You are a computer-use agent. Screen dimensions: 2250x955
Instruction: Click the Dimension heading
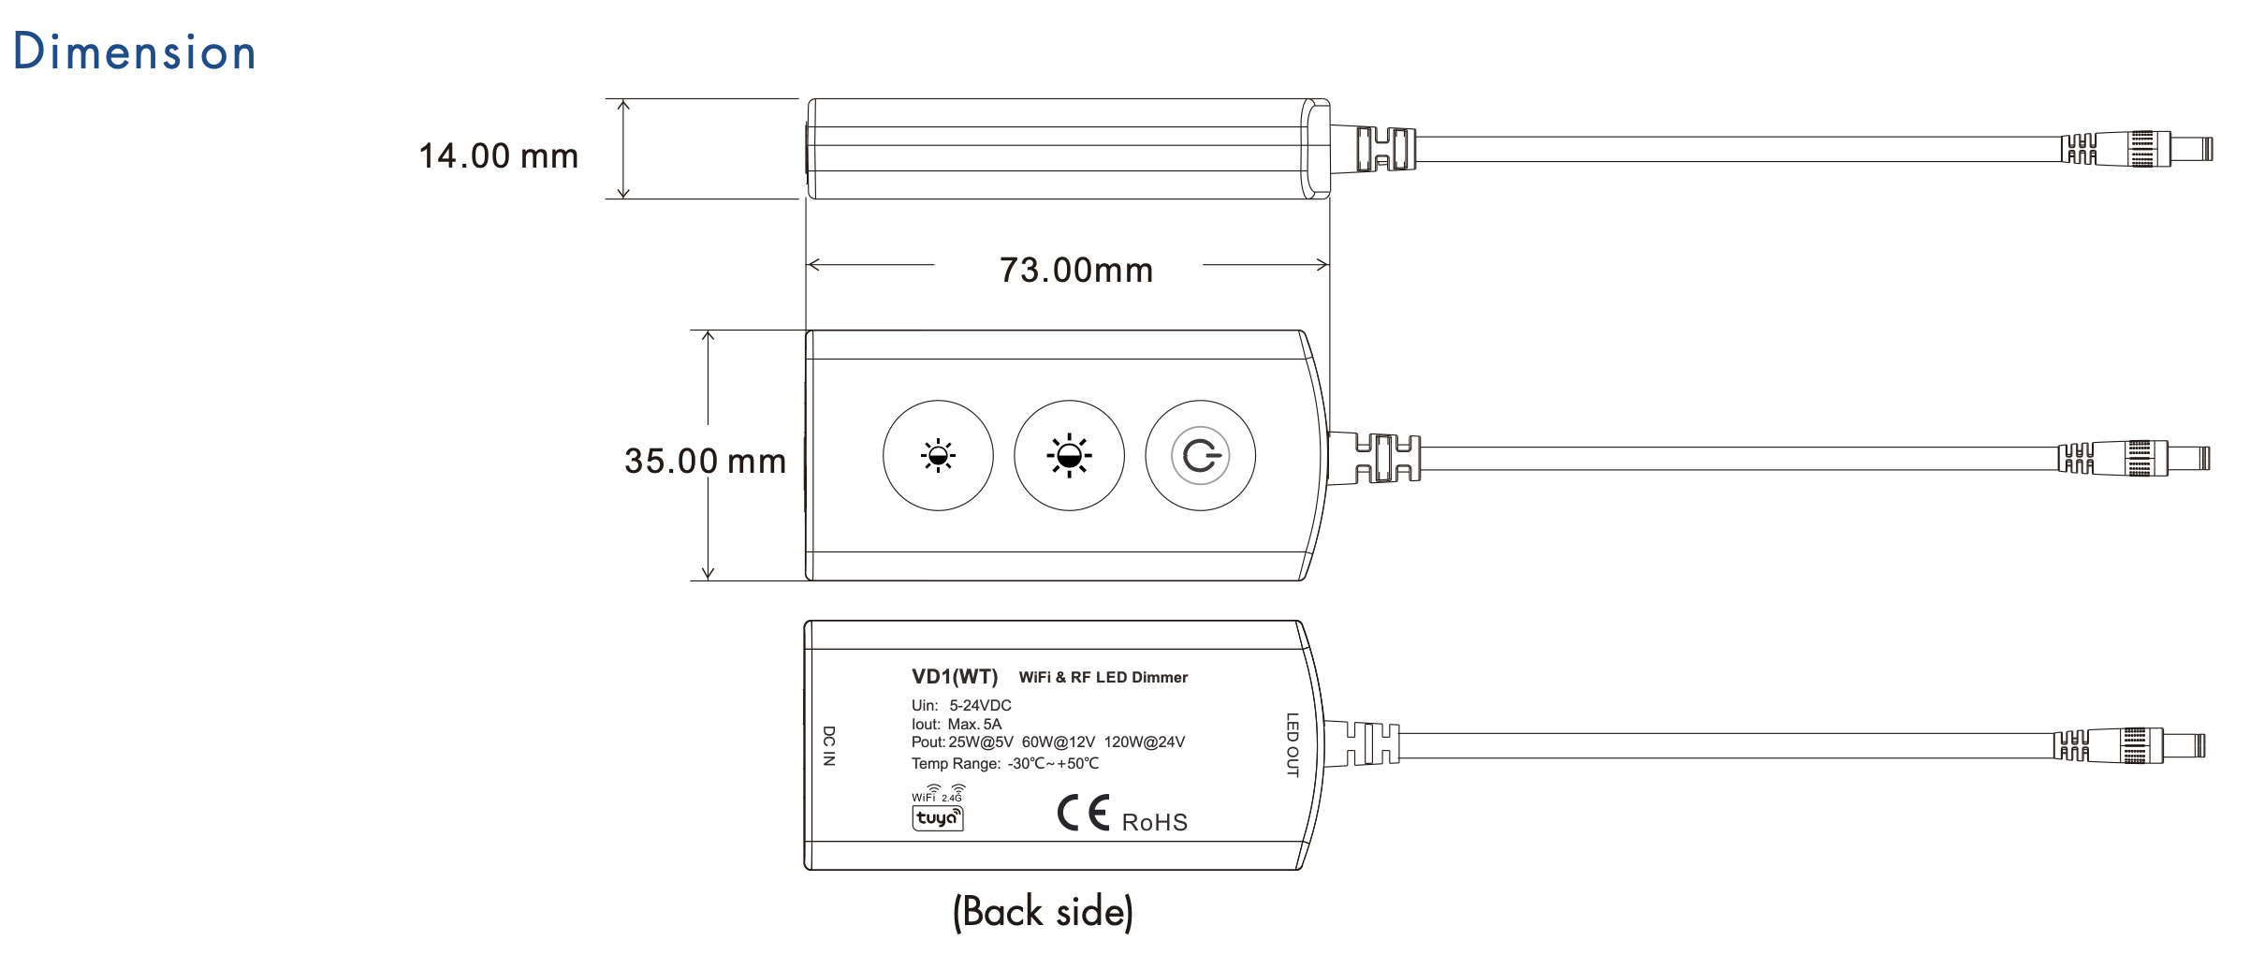tap(135, 51)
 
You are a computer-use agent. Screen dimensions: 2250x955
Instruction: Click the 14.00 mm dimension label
tap(499, 156)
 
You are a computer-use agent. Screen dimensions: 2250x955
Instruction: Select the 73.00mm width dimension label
tap(1076, 271)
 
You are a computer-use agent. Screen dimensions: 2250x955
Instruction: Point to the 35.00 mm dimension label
tap(705, 461)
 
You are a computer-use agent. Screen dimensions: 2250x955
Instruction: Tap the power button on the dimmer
tap(1201, 456)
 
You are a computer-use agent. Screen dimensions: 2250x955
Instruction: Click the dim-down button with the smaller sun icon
tap(938, 456)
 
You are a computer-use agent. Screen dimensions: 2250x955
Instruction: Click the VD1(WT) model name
tap(955, 677)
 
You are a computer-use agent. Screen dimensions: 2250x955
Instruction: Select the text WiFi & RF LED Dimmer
tap(1103, 677)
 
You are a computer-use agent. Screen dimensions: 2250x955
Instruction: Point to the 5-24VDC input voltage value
tap(980, 705)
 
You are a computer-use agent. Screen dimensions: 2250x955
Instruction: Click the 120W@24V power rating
tap(1145, 742)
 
